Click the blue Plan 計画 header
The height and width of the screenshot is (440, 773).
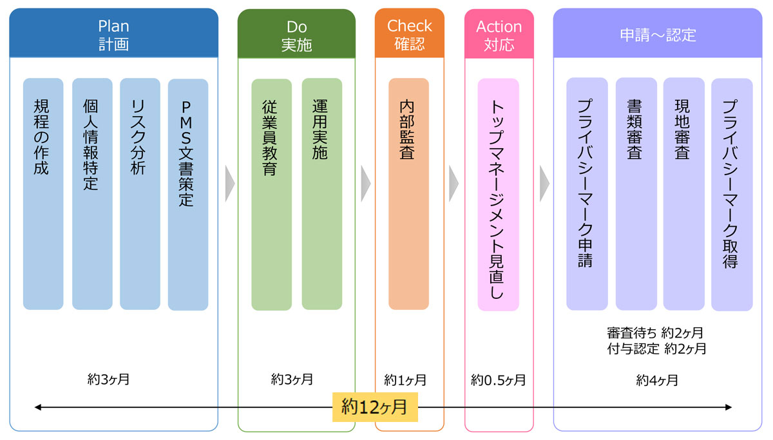[113, 33]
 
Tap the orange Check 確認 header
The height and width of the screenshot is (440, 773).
[410, 33]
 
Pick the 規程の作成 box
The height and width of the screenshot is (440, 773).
[43, 193]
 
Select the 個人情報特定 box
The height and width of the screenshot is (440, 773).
[92, 193]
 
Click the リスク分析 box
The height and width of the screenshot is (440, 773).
[140, 193]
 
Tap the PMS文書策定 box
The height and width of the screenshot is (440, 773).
[188, 193]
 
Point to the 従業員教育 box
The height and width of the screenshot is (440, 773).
[271, 193]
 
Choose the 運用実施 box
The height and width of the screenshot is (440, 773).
[321, 193]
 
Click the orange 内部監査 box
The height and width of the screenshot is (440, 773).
[408, 193]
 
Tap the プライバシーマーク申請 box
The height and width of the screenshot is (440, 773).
[587, 193]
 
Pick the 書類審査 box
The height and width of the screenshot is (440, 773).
[636, 193]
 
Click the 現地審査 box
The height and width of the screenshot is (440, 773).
[683, 193]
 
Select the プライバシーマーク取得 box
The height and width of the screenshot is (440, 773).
[732, 193]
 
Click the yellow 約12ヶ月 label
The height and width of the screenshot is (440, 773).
[375, 407]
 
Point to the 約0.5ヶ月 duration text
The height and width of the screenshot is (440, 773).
[499, 379]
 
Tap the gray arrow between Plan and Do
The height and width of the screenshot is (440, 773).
[229, 184]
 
